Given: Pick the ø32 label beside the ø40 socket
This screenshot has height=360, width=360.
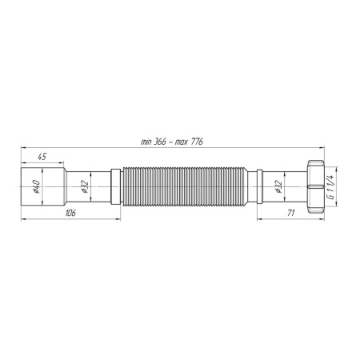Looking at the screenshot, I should [84, 189].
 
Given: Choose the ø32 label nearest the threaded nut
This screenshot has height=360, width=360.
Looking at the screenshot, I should [277, 189].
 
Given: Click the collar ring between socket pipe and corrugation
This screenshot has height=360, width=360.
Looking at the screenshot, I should [117, 189].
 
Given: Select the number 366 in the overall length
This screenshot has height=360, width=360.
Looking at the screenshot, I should [162, 142].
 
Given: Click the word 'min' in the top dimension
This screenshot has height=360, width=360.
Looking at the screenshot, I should [146, 142].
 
